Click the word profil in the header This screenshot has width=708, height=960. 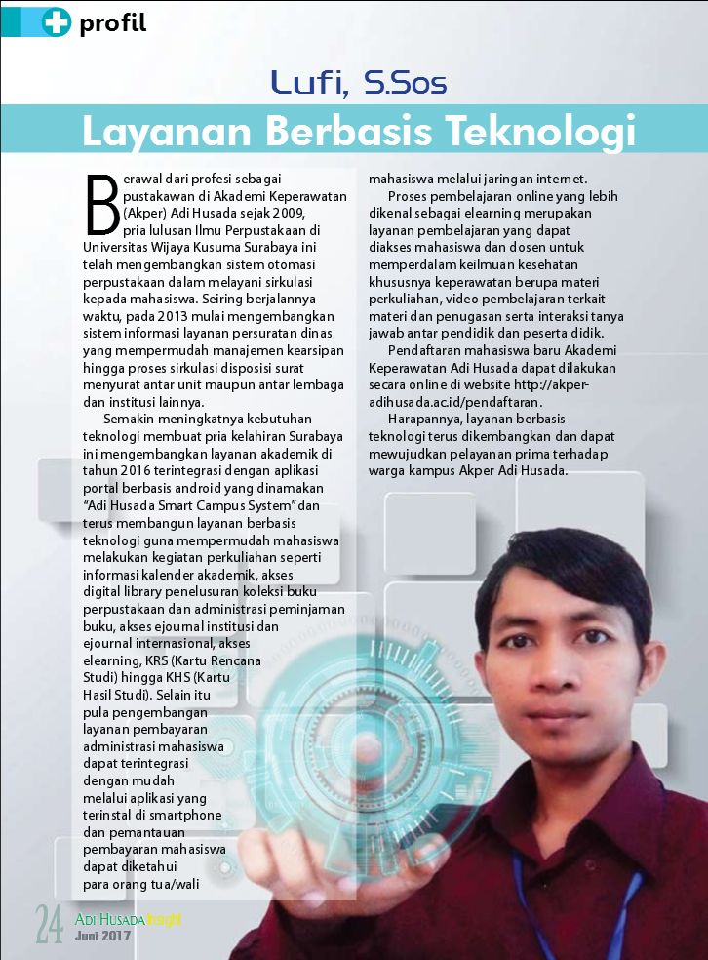coord(113,23)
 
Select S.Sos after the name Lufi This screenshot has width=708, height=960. coord(405,84)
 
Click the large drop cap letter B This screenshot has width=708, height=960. coord(101,205)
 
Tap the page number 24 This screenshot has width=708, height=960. coord(50,922)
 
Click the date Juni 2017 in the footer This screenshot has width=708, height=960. coord(102,938)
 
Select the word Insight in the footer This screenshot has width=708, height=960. coord(165,919)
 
